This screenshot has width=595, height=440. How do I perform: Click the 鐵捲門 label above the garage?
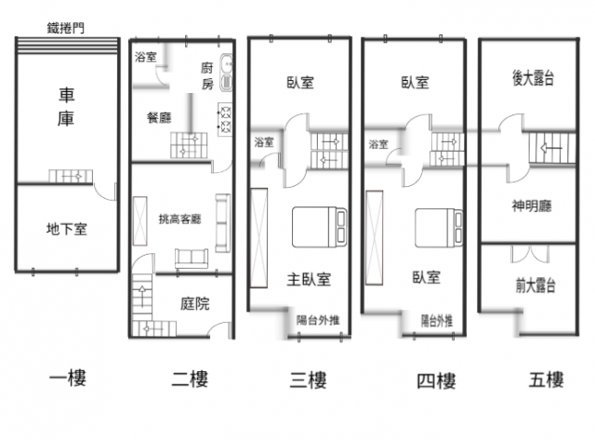tap(66, 28)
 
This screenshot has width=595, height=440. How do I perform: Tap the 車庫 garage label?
tap(66, 107)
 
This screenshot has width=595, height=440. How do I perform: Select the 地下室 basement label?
tap(67, 229)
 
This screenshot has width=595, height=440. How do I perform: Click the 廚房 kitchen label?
tap(207, 76)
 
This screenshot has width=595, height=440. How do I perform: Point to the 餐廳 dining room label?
tap(159, 118)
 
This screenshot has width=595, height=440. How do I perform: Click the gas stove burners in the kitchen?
tap(225, 119)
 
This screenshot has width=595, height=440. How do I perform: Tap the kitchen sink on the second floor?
tap(227, 73)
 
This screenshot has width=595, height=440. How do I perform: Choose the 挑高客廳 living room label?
tap(179, 219)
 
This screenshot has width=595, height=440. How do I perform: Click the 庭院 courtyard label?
tap(194, 303)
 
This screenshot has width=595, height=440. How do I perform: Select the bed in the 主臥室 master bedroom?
tap(319, 227)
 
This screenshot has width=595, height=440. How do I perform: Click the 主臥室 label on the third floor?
tap(309, 280)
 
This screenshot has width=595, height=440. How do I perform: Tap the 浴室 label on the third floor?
tap(264, 142)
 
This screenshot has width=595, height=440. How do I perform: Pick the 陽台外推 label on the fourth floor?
tap(437, 321)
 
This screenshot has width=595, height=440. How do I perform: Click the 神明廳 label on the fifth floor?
tap(532, 207)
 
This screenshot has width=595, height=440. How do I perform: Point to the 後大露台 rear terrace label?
tap(533, 78)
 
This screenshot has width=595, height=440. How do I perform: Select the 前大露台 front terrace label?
tap(535, 286)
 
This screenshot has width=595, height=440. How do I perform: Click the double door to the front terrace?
tap(530, 254)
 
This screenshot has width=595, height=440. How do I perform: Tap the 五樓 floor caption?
tap(547, 380)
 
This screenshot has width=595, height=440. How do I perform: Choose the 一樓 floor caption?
tap(68, 379)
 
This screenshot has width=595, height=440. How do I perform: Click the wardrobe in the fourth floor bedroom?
tap(374, 237)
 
